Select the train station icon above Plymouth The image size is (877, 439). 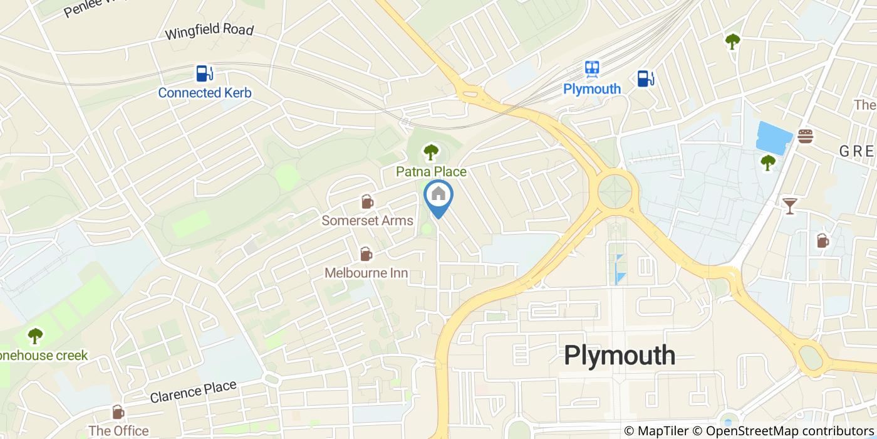click(592, 68)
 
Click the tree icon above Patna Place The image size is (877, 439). click(430, 152)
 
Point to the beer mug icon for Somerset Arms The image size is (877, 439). click(366, 202)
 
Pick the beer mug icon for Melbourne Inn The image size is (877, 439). click(366, 254)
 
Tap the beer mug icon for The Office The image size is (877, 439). click(118, 412)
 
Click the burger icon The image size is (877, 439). click(805, 136)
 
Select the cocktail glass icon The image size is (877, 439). click(789, 205)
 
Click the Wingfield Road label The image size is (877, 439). click(209, 31)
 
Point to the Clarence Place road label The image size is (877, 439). click(194, 392)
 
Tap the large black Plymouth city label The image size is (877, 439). click(620, 356)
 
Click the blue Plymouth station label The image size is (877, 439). click(592, 88)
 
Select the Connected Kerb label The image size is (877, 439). click(204, 93)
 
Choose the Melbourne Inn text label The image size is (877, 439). click(366, 273)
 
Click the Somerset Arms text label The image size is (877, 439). click(367, 220)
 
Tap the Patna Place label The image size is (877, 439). click(431, 171)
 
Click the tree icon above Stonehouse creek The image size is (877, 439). click(35, 336)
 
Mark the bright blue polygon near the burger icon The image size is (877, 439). click(771, 137)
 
